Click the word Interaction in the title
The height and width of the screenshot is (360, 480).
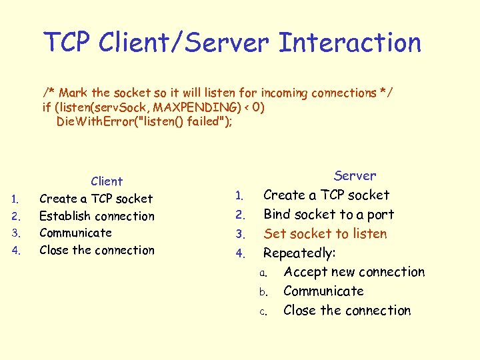(349, 43)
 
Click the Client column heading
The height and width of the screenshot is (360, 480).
(107, 181)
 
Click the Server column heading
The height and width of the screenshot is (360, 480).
(355, 176)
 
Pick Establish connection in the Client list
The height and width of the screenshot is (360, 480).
(97, 216)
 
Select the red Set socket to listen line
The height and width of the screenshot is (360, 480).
(325, 234)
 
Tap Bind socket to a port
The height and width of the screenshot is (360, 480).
(329, 215)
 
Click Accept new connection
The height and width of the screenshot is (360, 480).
(353, 272)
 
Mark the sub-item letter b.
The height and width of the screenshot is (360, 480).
(263, 292)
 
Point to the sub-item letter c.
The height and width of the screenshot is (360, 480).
(263, 311)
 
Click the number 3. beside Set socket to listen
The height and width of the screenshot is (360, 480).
(241, 235)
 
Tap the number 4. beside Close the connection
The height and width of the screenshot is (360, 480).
(18, 251)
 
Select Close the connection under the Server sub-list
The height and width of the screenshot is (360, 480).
(347, 311)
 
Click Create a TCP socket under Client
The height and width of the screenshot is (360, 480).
(96, 199)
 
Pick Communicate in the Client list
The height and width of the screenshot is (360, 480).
(75, 233)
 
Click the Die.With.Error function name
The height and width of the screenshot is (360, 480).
(94, 122)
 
